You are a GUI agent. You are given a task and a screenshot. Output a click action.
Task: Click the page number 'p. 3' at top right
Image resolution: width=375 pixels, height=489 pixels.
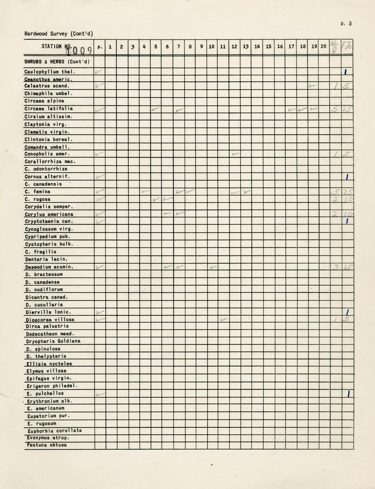pyautogui.click(x=346, y=24)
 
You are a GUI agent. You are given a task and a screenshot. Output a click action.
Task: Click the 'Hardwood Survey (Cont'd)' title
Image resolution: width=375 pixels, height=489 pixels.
pyautogui.click(x=58, y=34)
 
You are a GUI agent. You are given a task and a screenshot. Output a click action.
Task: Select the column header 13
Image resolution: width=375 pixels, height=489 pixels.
pyautogui.click(x=246, y=46)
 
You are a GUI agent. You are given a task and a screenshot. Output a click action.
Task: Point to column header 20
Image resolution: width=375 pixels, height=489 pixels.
pyautogui.click(x=323, y=46)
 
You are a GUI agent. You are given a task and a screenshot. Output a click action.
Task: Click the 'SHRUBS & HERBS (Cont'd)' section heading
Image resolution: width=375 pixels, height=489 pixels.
pyautogui.click(x=57, y=62)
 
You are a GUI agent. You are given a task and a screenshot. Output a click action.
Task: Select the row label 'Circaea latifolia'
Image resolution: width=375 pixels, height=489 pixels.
pyautogui.click(x=49, y=109)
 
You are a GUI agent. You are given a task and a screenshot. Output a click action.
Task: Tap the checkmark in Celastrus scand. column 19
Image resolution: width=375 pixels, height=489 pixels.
pyautogui.click(x=312, y=86)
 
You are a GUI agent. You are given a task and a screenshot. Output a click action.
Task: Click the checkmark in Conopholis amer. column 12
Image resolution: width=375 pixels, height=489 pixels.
pyautogui.click(x=235, y=154)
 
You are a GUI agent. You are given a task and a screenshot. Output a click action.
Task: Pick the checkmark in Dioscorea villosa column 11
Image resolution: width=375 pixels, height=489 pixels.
pyautogui.click(x=223, y=319)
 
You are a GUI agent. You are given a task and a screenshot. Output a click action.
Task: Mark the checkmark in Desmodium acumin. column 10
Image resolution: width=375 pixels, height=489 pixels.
pyautogui.click(x=213, y=267)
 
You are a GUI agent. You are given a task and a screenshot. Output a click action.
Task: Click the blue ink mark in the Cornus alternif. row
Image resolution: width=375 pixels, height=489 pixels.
pyautogui.click(x=348, y=177)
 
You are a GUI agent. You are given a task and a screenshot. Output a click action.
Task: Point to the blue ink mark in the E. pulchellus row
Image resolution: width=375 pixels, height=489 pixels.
pyautogui.click(x=349, y=394)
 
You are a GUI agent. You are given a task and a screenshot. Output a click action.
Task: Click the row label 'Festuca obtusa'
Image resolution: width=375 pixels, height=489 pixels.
pyautogui.click(x=47, y=445)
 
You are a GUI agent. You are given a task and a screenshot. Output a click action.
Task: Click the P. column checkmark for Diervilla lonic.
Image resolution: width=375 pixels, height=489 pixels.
pyautogui.click(x=100, y=312)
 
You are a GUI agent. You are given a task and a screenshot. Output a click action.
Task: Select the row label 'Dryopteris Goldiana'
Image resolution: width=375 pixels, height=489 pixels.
pyautogui.click(x=53, y=341)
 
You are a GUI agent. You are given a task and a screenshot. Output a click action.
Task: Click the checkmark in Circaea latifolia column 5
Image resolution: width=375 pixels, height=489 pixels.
pyautogui.click(x=155, y=109)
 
